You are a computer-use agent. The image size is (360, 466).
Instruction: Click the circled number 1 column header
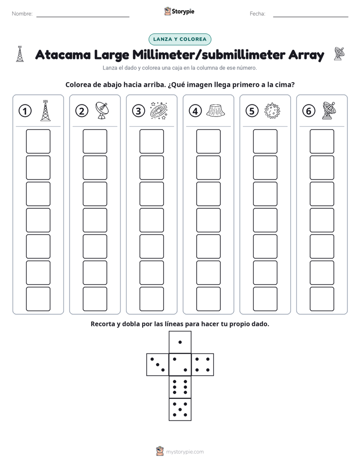tap(25, 111)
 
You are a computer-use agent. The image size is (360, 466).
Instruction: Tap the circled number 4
tap(195, 111)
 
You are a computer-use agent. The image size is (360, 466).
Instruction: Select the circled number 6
tap(309, 111)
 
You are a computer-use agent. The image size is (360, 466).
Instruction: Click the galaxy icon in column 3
tap(159, 110)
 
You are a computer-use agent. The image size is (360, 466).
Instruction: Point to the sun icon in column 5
tap(272, 111)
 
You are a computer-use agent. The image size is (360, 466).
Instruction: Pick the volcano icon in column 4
tap(215, 110)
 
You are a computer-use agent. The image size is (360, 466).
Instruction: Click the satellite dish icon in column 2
tap(102, 110)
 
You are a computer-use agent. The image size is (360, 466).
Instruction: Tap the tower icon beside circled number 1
tap(45, 110)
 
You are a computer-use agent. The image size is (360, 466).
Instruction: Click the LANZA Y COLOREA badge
tap(179, 39)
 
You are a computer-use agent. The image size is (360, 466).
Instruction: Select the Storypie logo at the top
tap(179, 12)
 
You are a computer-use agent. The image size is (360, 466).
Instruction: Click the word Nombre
tap(22, 14)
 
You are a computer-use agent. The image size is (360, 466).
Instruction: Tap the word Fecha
tap(257, 14)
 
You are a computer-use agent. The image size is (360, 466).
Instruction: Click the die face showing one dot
tap(180, 342)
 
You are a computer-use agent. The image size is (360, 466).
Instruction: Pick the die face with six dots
tap(180, 387)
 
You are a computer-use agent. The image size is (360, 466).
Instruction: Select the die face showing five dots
tap(180, 410)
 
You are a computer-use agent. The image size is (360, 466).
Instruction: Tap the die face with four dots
tap(203, 365)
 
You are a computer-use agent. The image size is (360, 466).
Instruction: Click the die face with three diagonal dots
tap(157, 365)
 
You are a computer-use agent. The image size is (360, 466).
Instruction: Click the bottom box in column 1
tap(38, 299)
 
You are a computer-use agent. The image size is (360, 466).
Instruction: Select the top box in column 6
tap(322, 141)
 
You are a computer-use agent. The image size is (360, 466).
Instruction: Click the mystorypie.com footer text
tap(185, 452)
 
